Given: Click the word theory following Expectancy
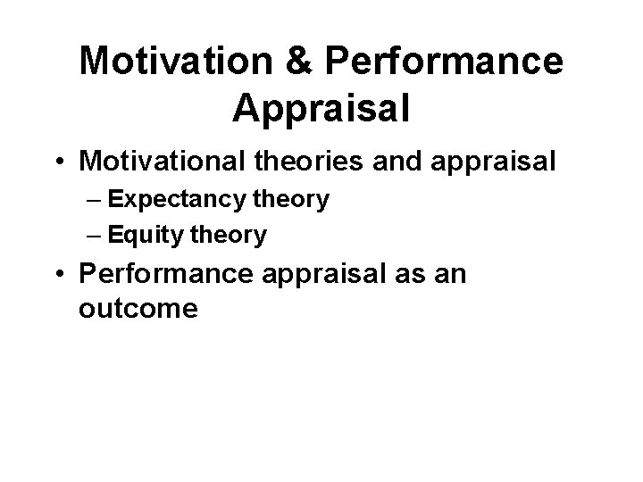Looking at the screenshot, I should point(294,200).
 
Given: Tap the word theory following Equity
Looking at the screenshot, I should point(233,236).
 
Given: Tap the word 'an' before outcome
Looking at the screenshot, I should point(448,273).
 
